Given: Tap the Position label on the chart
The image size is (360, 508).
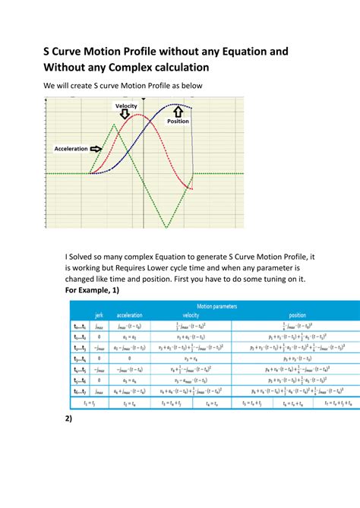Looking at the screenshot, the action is tap(178, 121).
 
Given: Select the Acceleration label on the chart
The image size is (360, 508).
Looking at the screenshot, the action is tap(71, 149).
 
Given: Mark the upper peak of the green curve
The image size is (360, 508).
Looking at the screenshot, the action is tap(114, 124).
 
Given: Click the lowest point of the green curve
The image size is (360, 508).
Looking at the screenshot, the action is tap(166, 226).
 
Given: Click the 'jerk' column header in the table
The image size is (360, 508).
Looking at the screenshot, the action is tap(99, 315).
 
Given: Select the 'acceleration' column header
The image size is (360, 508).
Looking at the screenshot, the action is tap(129, 315).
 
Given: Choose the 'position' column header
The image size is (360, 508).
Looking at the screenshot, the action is tap(298, 315).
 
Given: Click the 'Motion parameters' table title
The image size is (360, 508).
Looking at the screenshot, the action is tap(217, 307).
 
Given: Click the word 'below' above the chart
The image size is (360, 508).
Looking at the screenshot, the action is tap(190, 87).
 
